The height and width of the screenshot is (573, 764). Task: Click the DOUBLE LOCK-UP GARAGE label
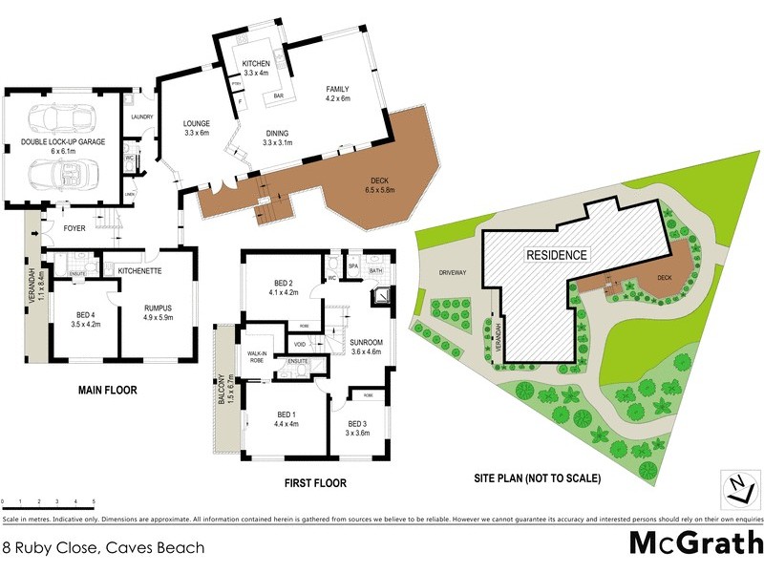[x=63, y=141]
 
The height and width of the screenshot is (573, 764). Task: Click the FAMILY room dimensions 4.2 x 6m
[x=338, y=98]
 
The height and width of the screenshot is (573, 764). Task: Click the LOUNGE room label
[x=197, y=128]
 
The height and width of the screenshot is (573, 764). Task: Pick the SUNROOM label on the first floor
[x=367, y=346]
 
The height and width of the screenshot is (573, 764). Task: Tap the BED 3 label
[x=357, y=428]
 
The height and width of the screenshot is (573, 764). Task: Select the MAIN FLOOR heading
[x=107, y=390]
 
